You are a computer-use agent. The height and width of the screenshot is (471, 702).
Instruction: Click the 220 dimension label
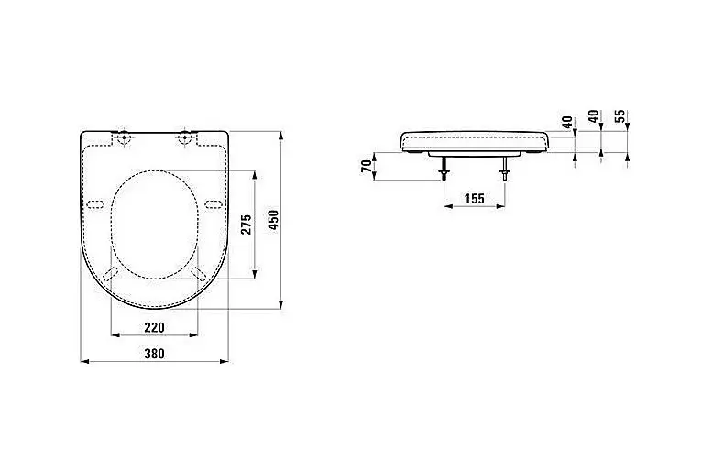pos(155,327)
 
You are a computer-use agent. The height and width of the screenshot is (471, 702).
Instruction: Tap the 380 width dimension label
pos(155,354)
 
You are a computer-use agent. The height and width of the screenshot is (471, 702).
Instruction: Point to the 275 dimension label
pos(247,225)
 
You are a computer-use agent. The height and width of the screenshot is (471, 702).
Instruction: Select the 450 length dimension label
pos(273,220)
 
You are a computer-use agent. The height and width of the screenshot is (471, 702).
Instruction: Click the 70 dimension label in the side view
pos(367,166)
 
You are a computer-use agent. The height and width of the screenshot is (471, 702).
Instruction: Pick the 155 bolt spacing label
pos(475,198)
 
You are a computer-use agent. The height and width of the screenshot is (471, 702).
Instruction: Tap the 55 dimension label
pos(620,116)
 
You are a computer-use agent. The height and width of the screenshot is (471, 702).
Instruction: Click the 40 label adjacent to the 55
pos(594,116)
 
